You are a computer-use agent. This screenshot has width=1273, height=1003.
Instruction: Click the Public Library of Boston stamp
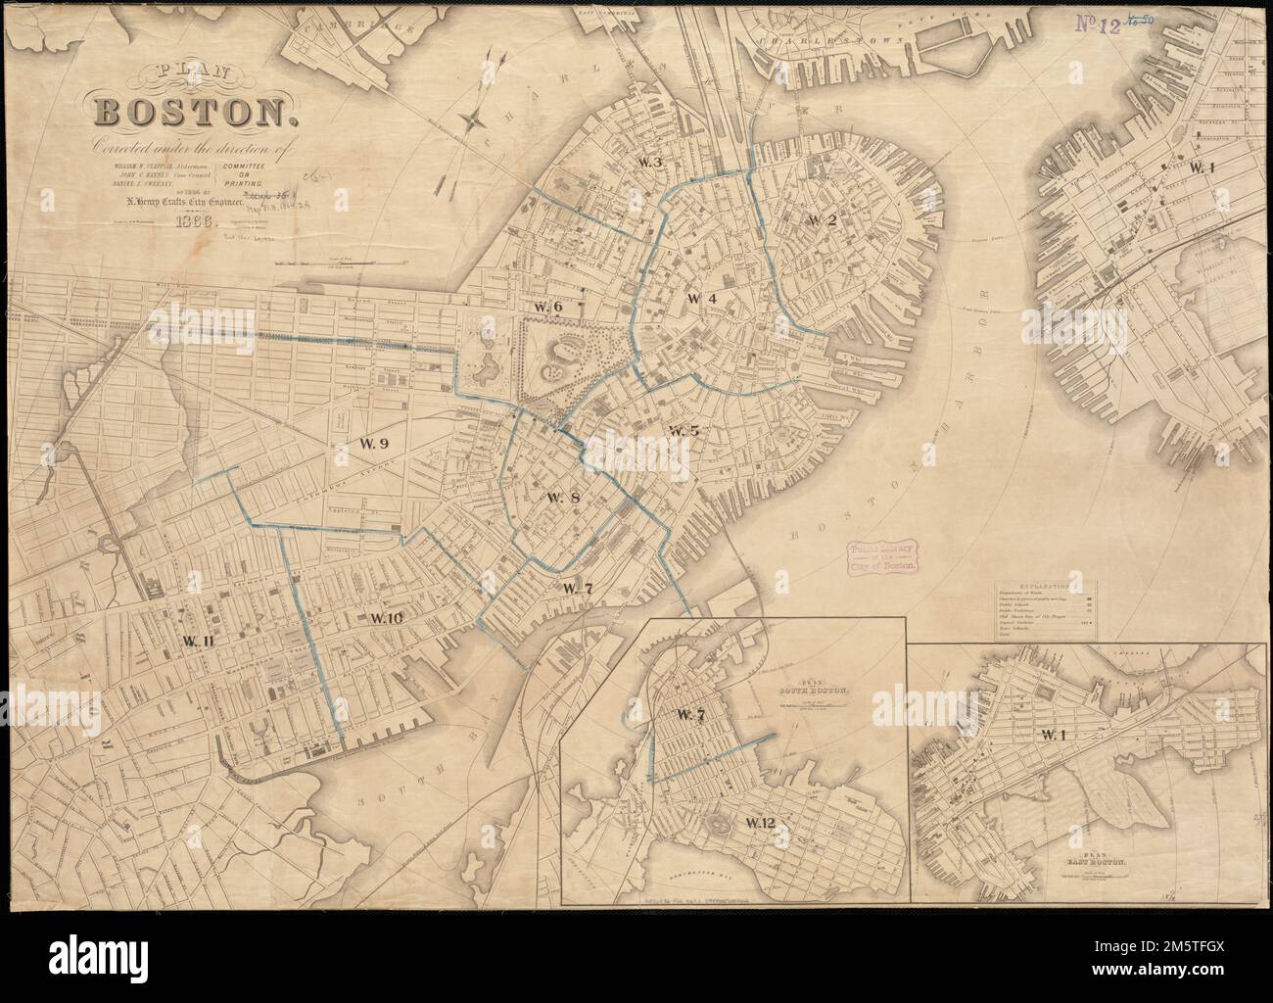click(883, 557)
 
